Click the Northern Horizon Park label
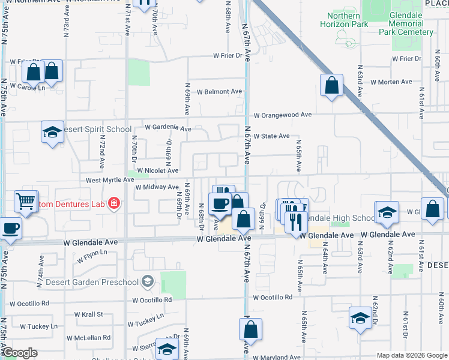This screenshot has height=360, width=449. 345,20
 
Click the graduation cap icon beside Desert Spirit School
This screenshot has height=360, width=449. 52,132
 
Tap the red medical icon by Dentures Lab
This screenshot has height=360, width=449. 114,205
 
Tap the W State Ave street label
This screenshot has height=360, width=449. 271,136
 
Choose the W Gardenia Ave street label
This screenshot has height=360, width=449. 167,128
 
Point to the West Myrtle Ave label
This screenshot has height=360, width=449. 110,179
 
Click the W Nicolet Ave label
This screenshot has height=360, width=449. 158,170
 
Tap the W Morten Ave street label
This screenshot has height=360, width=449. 391,82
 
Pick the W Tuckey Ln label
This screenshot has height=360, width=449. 38,326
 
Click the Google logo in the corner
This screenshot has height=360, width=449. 20,353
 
